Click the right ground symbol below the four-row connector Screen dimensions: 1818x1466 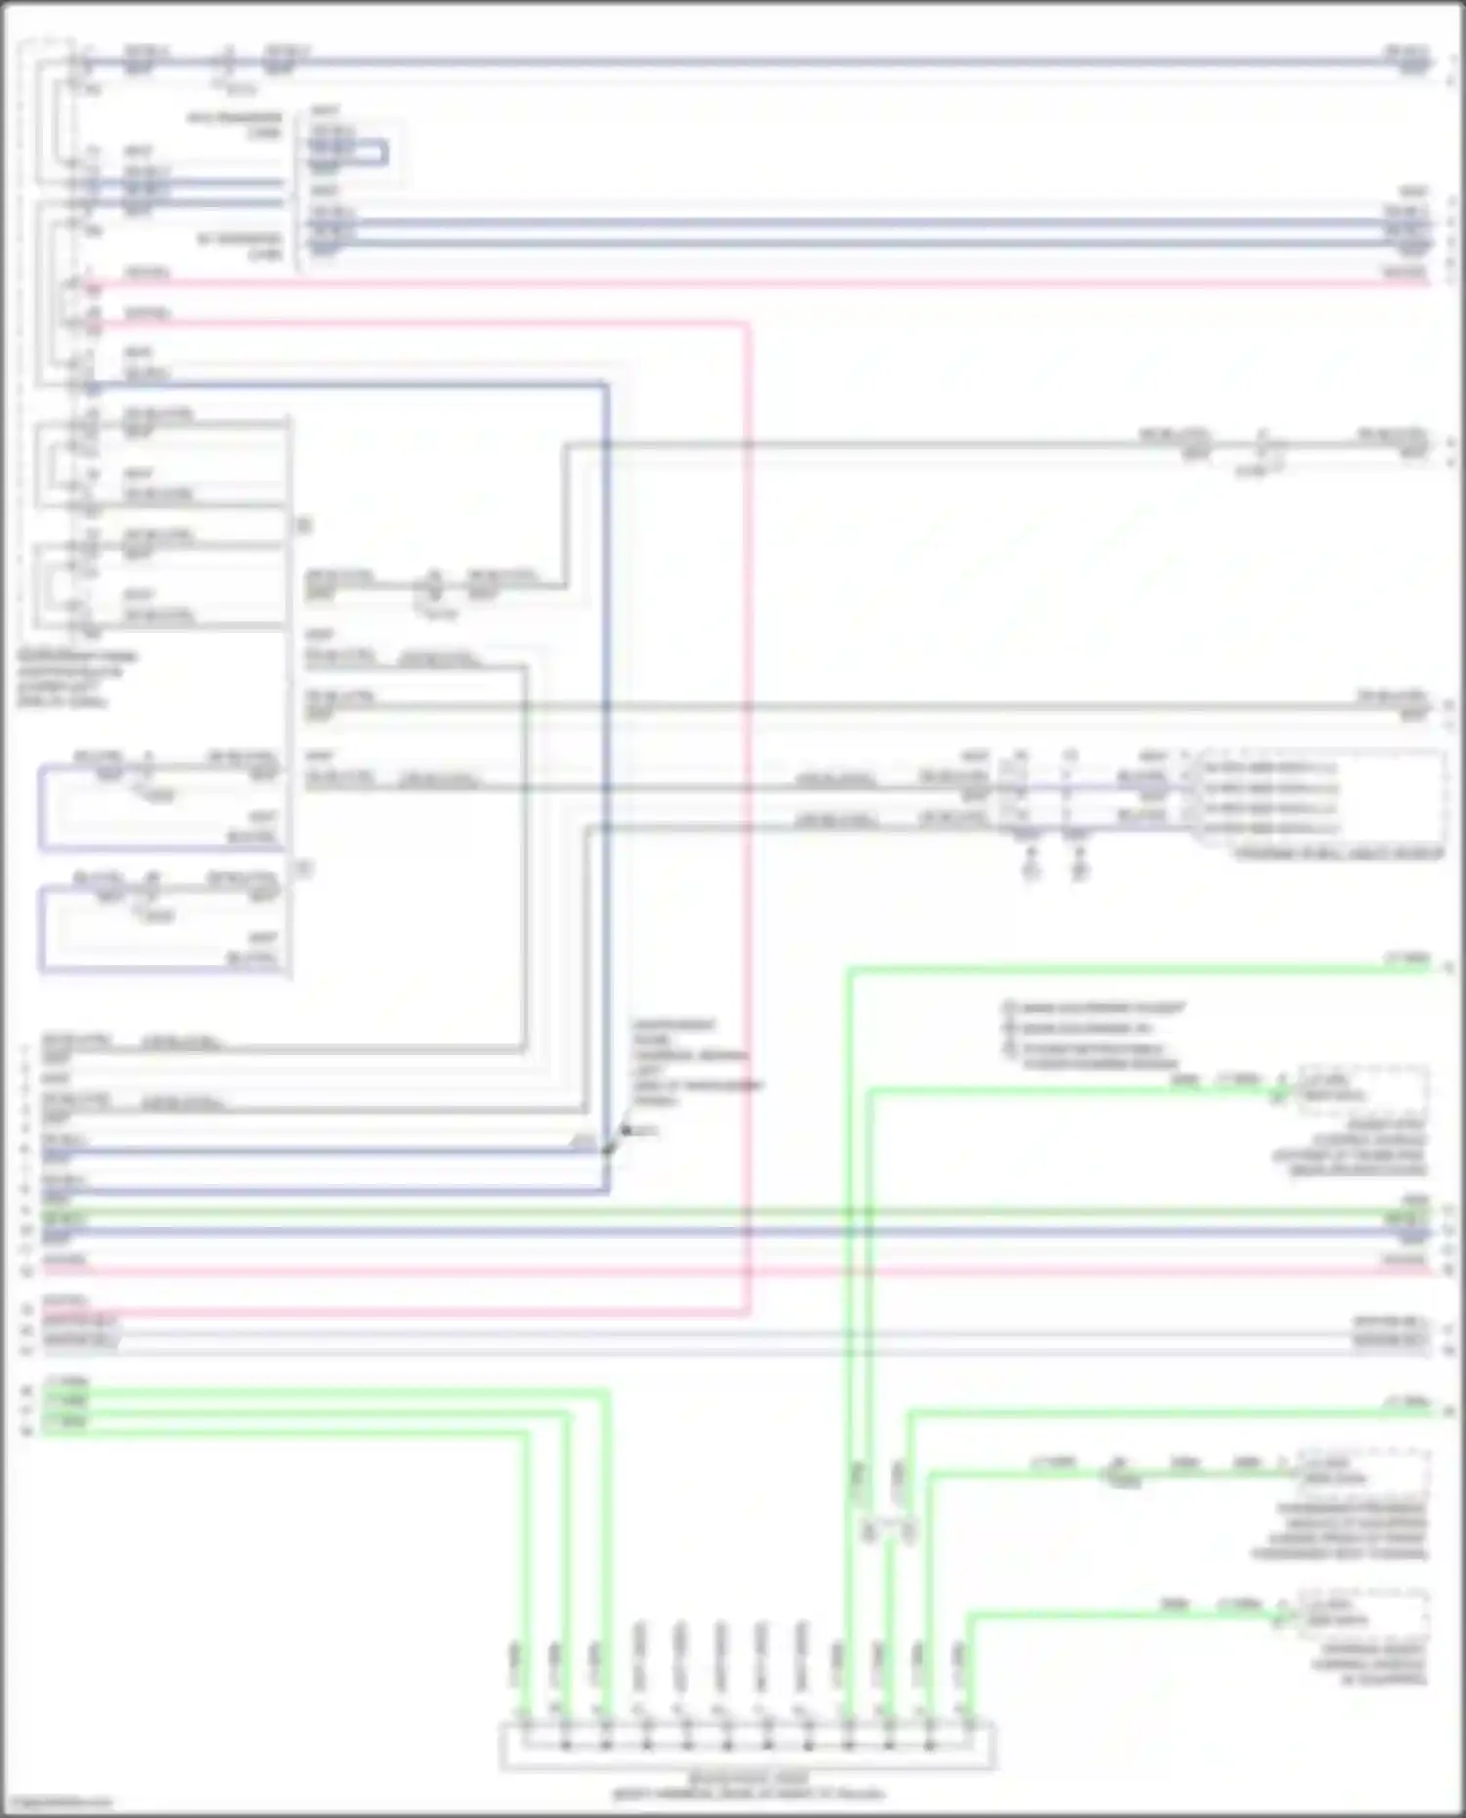click(1078, 867)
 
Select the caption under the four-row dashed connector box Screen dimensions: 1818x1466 click(1339, 854)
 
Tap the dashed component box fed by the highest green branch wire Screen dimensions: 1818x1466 click(1361, 1089)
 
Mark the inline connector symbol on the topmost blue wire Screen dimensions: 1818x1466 click(228, 65)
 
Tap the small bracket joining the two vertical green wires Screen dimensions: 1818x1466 click(887, 1530)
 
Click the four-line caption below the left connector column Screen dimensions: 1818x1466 click(76, 679)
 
